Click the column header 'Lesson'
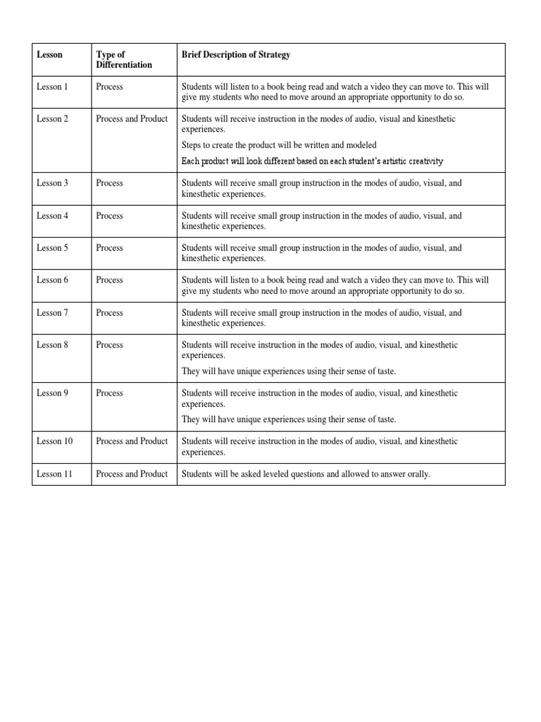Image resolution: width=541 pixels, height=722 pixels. point(49,55)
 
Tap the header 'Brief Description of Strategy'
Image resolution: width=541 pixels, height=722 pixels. point(235,55)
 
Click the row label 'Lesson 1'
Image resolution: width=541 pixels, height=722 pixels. point(52,87)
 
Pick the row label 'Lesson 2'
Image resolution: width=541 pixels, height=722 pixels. point(52,119)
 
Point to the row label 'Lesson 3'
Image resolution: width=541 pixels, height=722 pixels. point(52,183)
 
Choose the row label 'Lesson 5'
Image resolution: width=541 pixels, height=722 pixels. point(52,248)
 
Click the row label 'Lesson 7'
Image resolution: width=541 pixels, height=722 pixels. point(52,313)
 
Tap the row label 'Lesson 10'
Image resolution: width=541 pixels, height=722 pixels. point(54,441)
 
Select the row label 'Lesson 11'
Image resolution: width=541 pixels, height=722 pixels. point(54,475)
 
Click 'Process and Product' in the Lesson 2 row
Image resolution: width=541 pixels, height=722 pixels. point(132,119)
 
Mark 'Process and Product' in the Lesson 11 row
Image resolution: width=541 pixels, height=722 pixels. point(132,475)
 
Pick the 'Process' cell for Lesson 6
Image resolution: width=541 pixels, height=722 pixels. point(109,281)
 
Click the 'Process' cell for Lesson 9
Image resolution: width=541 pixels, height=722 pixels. point(109,393)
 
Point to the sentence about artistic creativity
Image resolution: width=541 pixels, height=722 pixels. point(312,161)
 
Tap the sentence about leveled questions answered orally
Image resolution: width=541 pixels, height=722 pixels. point(306,475)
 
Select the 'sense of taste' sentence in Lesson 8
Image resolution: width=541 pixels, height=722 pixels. point(289,372)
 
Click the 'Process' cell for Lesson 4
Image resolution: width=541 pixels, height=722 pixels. point(109,216)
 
